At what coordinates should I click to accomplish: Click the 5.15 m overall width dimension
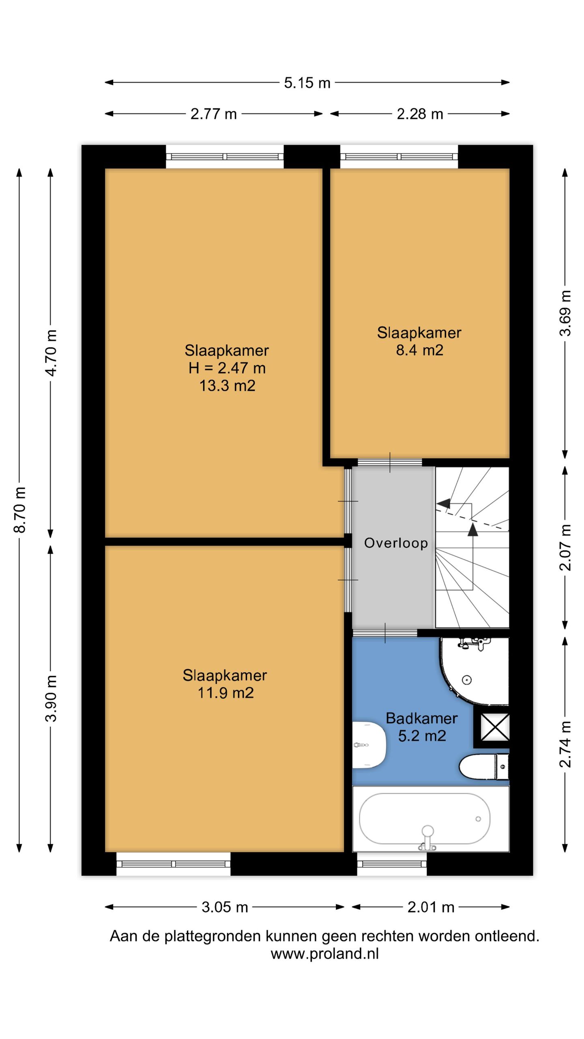pyautogui.click(x=307, y=83)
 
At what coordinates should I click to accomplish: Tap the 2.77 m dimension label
pyautogui.click(x=213, y=114)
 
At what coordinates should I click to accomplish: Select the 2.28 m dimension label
pyautogui.click(x=420, y=114)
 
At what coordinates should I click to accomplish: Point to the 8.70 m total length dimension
pyautogui.click(x=19, y=510)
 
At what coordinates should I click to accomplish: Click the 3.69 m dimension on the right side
pyautogui.click(x=565, y=313)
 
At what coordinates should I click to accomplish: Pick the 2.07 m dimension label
pyautogui.click(x=565, y=548)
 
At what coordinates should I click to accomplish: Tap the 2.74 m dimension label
pyautogui.click(x=565, y=744)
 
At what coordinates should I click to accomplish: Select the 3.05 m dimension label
pyautogui.click(x=225, y=907)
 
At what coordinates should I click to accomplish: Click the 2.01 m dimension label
pyautogui.click(x=431, y=907)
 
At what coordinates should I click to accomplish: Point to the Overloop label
pyautogui.click(x=396, y=543)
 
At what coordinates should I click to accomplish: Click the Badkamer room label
pyautogui.click(x=422, y=718)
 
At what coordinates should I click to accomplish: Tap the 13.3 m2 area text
pyautogui.click(x=227, y=386)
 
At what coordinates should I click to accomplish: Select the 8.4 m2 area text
pyautogui.click(x=419, y=350)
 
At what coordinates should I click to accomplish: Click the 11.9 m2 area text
pyautogui.click(x=225, y=693)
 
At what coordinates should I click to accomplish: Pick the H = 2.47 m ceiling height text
pyautogui.click(x=227, y=368)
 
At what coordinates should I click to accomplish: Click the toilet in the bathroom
pyautogui.click(x=484, y=767)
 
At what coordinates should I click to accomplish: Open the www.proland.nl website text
pyautogui.click(x=324, y=953)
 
